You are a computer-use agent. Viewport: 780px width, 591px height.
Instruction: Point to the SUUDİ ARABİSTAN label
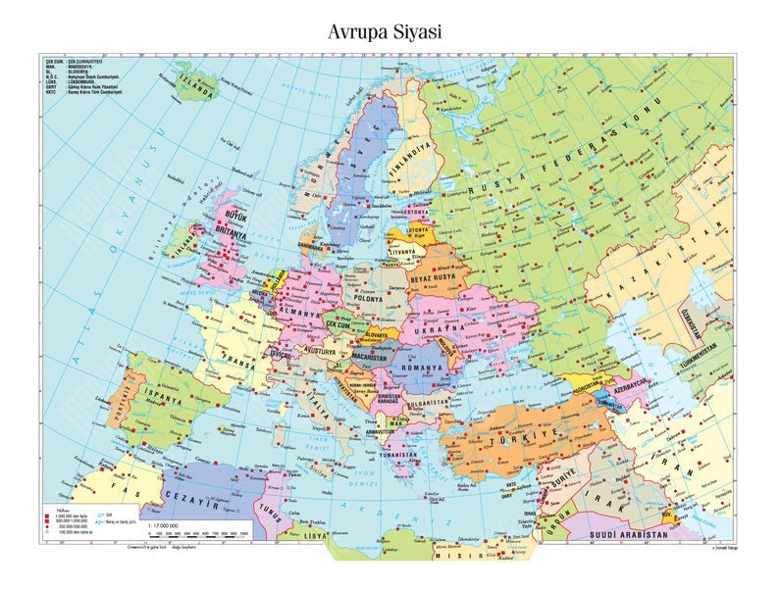(629, 536)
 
